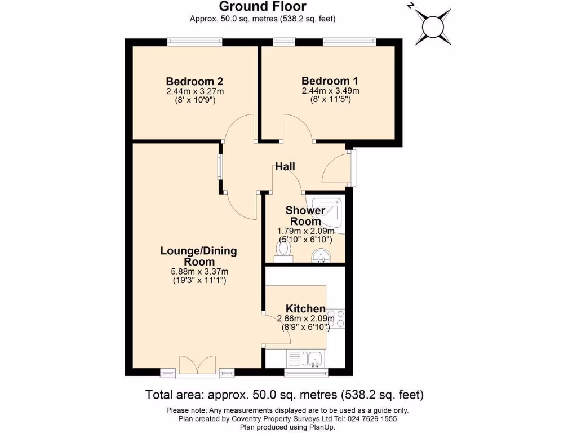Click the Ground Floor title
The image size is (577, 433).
263,7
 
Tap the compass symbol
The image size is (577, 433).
432,26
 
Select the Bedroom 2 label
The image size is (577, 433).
191,81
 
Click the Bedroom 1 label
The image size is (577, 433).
330,81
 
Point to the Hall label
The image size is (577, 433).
285,167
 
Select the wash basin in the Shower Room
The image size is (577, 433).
321,256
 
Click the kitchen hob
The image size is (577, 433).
336,319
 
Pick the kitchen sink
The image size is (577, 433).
313,358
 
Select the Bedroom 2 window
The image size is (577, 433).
194,41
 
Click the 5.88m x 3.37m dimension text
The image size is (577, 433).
199,272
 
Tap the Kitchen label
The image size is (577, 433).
305,308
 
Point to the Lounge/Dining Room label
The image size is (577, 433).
199,257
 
